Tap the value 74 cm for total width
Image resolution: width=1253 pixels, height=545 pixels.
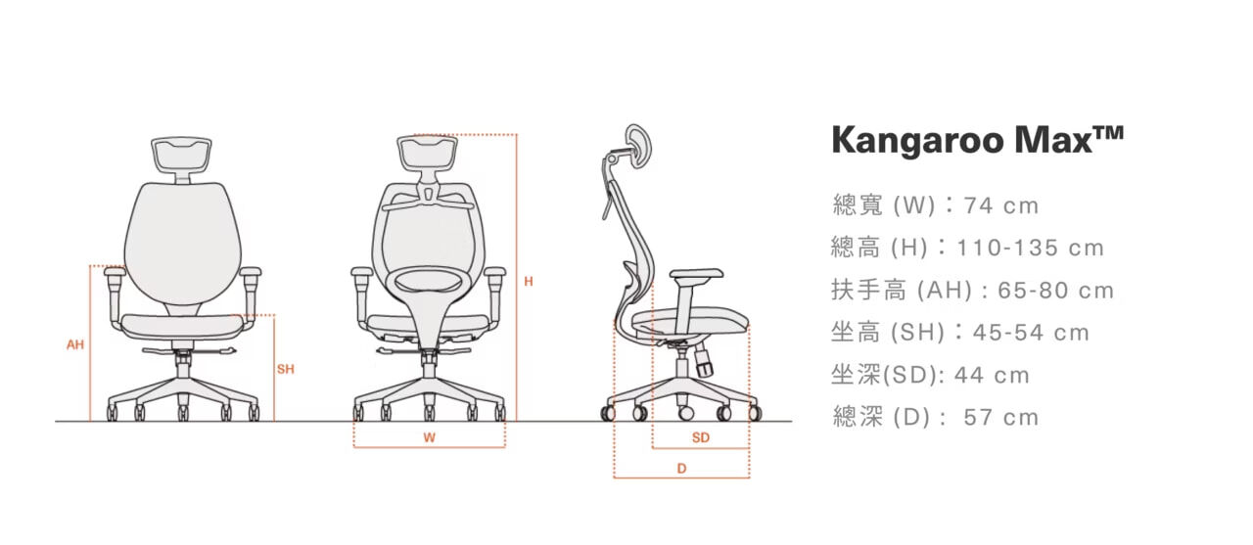pyautogui.click(x=1000, y=206)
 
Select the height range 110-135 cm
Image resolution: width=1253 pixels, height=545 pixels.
pyautogui.click(x=1030, y=249)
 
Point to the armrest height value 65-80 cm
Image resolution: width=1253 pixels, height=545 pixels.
pyautogui.click(x=1055, y=291)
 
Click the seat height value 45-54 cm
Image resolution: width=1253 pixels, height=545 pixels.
pyautogui.click(x=1031, y=333)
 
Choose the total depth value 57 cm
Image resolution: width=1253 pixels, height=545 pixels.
pyautogui.click(x=1000, y=418)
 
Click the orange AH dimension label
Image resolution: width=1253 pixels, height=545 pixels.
pyautogui.click(x=75, y=344)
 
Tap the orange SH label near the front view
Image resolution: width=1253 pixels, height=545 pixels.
pyautogui.click(x=285, y=369)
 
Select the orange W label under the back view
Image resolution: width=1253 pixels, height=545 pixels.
pyautogui.click(x=429, y=438)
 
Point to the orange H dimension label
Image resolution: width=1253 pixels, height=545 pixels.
pyautogui.click(x=529, y=282)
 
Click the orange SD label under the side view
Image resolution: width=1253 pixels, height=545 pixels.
pyautogui.click(x=700, y=438)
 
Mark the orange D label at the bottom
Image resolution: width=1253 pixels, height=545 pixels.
pyautogui.click(x=681, y=469)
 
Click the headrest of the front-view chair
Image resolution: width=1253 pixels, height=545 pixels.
pyautogui.click(x=182, y=154)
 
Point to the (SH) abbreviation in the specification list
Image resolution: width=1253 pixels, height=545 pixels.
pyautogui.click(x=916, y=333)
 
